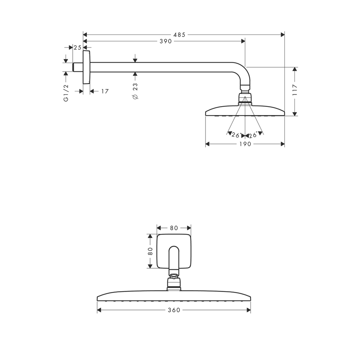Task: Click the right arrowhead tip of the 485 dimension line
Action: (284, 35)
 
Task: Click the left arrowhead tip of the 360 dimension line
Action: (97, 310)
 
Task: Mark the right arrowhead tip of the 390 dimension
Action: (245, 41)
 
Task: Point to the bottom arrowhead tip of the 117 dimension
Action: (295, 116)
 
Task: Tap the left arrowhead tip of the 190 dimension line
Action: (206, 144)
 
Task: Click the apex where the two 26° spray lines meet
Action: (245, 96)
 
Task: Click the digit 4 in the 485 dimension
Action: (175, 35)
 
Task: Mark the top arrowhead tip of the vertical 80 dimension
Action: (150, 234)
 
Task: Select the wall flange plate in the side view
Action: (86, 67)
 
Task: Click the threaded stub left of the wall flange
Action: (78, 67)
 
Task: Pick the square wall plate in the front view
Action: (174, 251)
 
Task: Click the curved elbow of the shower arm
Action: (243, 73)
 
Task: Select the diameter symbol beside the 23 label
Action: (135, 96)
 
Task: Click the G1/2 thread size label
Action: (66, 93)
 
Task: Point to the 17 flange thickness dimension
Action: (105, 91)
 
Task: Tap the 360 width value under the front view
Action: (174, 310)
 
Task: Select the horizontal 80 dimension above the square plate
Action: (174, 228)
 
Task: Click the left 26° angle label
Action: (237, 135)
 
